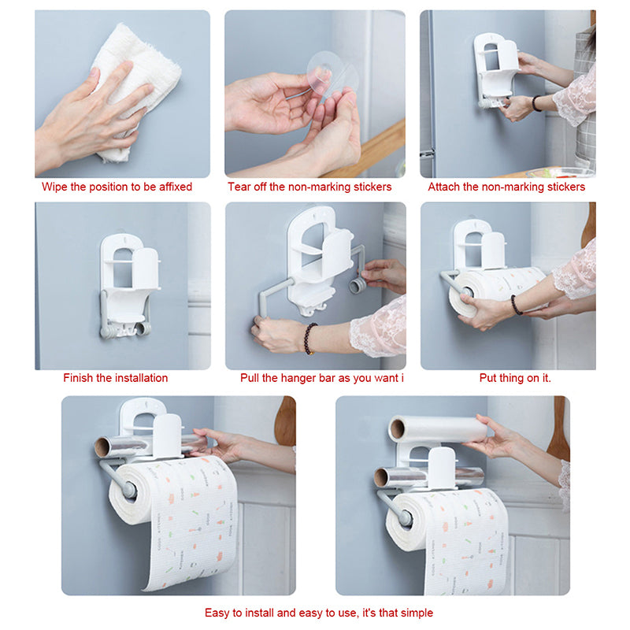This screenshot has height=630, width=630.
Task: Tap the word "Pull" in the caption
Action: pos(249,378)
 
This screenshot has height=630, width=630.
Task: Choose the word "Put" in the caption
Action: pos(487,378)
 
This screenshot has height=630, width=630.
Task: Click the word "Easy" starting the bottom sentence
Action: pos(216,613)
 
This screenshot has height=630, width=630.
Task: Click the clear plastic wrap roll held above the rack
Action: pos(437,429)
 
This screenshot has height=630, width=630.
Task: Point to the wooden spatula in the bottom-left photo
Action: pos(286,422)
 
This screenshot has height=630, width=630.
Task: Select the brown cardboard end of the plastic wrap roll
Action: pos(397,429)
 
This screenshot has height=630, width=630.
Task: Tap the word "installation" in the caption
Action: pos(142,378)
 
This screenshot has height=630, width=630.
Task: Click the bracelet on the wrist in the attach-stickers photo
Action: pos(536,104)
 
